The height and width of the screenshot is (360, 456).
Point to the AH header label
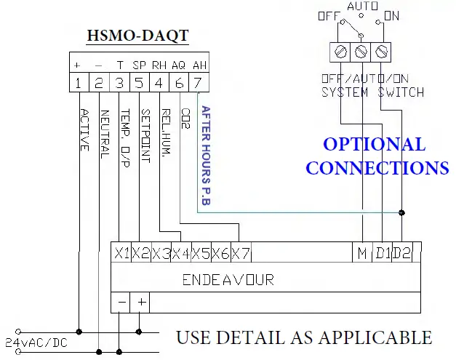pyautogui.click(x=199, y=64)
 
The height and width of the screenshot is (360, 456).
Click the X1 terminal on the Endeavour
pyautogui.click(x=122, y=253)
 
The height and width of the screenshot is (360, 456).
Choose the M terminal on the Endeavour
pyautogui.click(x=361, y=253)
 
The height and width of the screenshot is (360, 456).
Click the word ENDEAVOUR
pyautogui.click(x=228, y=279)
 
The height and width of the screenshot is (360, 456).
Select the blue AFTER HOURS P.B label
pyautogui.click(x=206, y=156)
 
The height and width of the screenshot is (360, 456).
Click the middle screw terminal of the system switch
pyautogui.click(x=361, y=52)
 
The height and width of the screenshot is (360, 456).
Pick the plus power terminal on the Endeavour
pyautogui.click(x=142, y=301)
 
